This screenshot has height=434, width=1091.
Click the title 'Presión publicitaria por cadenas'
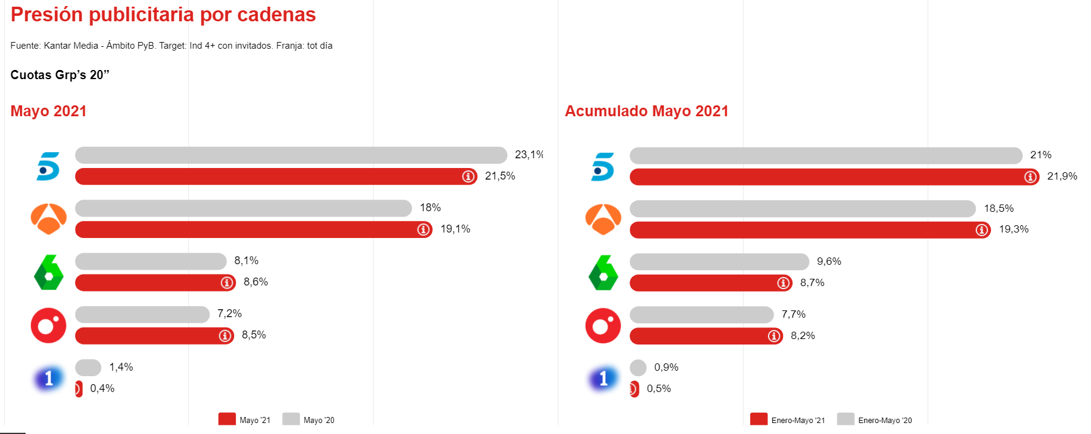coord(163,15)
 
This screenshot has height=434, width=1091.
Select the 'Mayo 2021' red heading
coord(49,111)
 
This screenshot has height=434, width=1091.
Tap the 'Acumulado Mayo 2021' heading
coord(646,111)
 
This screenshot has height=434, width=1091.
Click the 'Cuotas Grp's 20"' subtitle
coord(60,75)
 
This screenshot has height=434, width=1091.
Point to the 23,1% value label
coord(528,155)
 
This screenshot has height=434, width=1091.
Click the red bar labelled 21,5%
coord(268,177)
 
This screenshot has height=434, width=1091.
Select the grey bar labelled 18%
coord(243,208)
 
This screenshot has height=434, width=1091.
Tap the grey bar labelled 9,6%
coord(719,262)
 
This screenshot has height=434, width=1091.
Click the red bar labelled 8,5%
coord(146,336)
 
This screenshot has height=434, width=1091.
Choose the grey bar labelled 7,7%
coord(702,315)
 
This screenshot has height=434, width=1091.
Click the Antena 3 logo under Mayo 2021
coord(49,219)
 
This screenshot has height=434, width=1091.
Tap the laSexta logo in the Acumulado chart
coord(603,273)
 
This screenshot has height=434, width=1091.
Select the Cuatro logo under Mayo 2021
coord(49,326)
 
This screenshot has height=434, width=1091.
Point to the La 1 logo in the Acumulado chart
coord(603,379)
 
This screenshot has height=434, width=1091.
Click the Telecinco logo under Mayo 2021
coord(49,166)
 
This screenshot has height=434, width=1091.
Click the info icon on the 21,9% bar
coord(1031,177)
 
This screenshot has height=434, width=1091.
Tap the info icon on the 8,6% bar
coord(227,283)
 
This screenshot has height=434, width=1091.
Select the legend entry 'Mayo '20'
coord(309,420)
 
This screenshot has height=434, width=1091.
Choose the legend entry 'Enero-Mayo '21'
coord(788,420)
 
